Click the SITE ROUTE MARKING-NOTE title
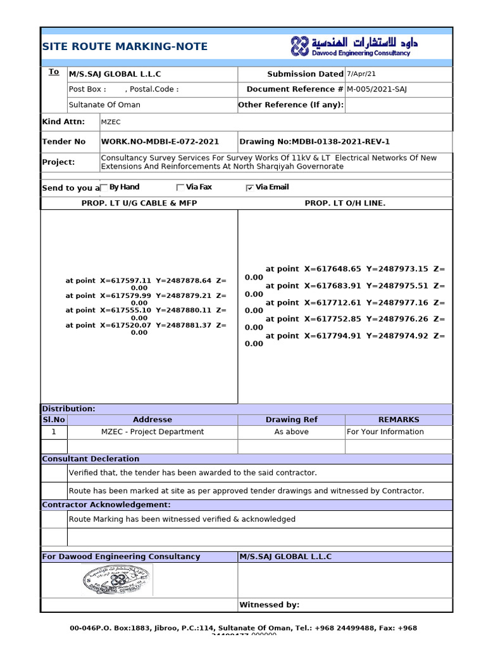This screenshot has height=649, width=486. (x=125, y=46)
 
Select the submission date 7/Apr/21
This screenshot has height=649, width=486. (x=361, y=74)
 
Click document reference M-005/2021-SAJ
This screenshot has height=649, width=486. (x=377, y=89)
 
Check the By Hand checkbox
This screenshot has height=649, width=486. (x=104, y=188)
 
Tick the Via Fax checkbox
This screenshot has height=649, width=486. (x=180, y=188)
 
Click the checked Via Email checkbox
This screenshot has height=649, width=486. (x=250, y=188)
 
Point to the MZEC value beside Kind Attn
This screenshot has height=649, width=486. (x=111, y=122)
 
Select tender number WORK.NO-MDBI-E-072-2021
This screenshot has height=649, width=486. (x=160, y=142)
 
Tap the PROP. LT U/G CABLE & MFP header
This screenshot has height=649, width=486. (x=139, y=203)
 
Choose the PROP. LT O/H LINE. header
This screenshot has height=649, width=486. (x=345, y=203)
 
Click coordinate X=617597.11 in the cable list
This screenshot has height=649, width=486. (x=126, y=280)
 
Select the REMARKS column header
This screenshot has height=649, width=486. (x=399, y=420)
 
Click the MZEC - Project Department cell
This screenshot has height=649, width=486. (x=153, y=432)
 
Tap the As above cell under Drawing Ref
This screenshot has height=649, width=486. (x=292, y=432)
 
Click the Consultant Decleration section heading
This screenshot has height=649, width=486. (x=90, y=459)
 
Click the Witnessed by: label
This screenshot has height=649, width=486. (x=270, y=605)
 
